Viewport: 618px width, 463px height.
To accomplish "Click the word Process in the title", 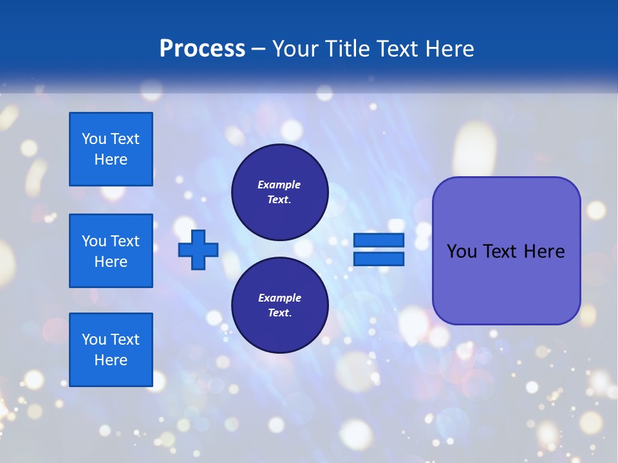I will click(202, 49).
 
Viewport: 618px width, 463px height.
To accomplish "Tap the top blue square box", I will click(111, 149).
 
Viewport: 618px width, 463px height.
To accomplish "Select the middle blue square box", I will click(111, 251).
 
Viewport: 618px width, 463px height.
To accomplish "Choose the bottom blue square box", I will click(111, 350).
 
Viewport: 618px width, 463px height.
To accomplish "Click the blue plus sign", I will click(198, 250).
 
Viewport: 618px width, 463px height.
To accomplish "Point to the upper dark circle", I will click(279, 192).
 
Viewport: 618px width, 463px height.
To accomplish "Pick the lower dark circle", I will click(279, 305).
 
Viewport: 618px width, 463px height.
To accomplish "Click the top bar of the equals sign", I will click(379, 240).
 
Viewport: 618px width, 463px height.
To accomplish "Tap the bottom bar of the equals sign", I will click(379, 259).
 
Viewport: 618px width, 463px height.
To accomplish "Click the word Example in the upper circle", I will click(279, 185).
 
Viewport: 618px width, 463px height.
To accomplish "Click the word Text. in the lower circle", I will click(279, 313).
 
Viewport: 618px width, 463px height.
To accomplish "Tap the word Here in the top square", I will click(111, 159).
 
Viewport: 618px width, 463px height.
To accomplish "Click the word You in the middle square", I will click(93, 241).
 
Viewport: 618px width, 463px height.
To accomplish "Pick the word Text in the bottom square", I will click(124, 340).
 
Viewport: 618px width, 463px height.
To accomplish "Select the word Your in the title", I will click(296, 49).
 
